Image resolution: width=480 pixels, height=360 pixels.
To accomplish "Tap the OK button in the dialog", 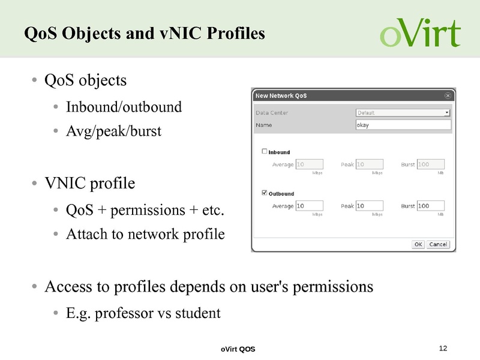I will [x=418, y=244].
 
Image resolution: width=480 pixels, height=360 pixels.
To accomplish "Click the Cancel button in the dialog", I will [x=438, y=244].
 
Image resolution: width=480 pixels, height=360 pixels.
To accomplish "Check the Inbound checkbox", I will [x=265, y=151].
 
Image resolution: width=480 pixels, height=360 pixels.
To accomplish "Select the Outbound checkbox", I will [x=265, y=193].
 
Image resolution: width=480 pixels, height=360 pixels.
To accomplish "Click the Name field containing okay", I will [x=403, y=125].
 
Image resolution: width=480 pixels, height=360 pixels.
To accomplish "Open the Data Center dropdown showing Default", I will [x=403, y=112].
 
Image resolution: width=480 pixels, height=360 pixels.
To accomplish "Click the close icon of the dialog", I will [x=448, y=95].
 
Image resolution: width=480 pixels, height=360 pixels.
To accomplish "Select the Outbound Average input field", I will [x=310, y=206].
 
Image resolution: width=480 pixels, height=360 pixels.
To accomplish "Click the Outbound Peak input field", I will [x=369, y=206].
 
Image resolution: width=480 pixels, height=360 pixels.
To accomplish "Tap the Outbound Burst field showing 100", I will [x=430, y=206].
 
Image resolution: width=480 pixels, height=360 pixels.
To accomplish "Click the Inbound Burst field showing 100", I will [x=430, y=164].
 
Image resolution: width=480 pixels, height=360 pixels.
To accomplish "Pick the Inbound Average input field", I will [x=310, y=164].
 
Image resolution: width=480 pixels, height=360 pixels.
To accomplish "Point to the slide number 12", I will [x=443, y=348].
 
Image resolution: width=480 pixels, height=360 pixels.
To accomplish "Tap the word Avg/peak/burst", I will [x=113, y=130].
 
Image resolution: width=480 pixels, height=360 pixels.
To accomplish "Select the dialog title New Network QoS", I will [x=282, y=95].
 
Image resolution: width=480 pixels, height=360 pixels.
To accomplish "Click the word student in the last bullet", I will [x=199, y=313].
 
